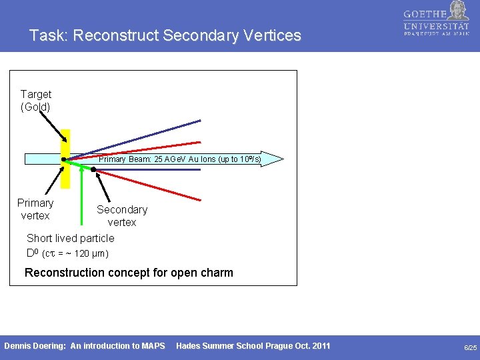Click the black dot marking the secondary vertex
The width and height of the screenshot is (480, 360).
pyautogui.click(x=94, y=170)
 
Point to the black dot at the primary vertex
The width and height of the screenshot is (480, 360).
pyautogui.click(x=63, y=160)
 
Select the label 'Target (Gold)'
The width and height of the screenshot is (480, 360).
pyautogui.click(x=35, y=101)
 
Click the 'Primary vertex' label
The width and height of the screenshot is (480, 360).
pyautogui.click(x=35, y=209)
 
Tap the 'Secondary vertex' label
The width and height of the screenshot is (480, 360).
pyautogui.click(x=122, y=216)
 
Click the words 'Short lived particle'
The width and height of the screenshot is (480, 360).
pyautogui.click(x=70, y=238)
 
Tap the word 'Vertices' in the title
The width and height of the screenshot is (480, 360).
pyautogui.click(x=271, y=36)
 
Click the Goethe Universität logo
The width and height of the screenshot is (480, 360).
pyautogui.click(x=436, y=20)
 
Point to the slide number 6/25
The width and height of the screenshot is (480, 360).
pyautogui.click(x=470, y=347)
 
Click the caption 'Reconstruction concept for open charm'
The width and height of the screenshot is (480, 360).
pyautogui.click(x=129, y=273)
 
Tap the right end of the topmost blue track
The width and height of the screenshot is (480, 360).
pyautogui.click(x=199, y=121)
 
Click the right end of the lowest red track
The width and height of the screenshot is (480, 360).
pyautogui.click(x=200, y=199)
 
